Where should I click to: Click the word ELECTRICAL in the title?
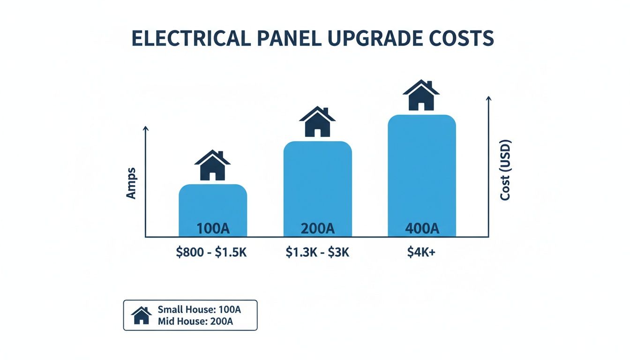[190, 38]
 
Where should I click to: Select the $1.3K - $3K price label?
[317, 253]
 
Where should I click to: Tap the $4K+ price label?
[422, 253]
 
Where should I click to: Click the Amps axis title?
[131, 183]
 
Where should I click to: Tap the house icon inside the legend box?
[141, 315]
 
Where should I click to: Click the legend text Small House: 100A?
[200, 309]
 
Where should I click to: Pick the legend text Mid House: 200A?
[195, 322]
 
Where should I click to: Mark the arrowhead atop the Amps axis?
[146, 128]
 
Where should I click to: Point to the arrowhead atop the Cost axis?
[488, 98]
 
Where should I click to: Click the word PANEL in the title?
[285, 38]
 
